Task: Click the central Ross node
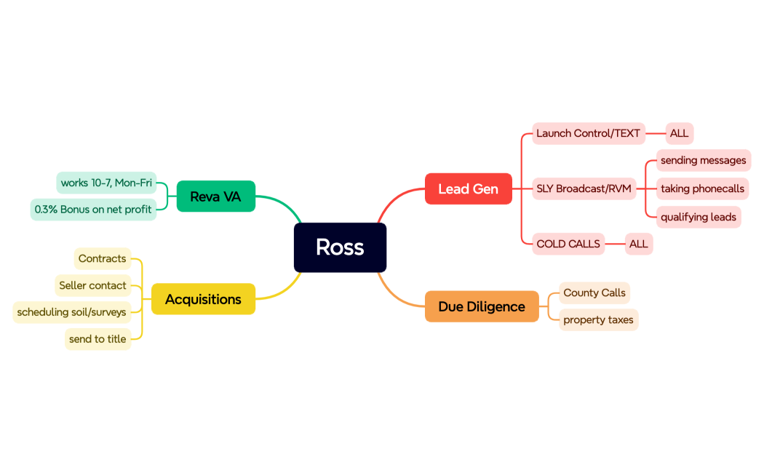340,247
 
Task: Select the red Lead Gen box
468,189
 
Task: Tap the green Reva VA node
215,196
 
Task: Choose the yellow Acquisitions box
203,299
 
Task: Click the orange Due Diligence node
481,306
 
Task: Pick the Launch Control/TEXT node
588,133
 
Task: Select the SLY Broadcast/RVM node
584,189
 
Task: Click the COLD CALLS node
568,244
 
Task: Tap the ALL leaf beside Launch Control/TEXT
679,133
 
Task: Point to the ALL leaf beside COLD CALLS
638,244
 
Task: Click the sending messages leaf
703,160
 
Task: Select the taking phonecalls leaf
702,189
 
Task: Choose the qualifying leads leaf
698,217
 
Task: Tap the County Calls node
594,293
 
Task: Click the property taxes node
598,319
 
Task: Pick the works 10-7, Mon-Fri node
106,183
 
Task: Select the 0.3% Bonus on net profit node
93,210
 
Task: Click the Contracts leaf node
102,258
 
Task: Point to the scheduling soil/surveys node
71,312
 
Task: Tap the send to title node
98,339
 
